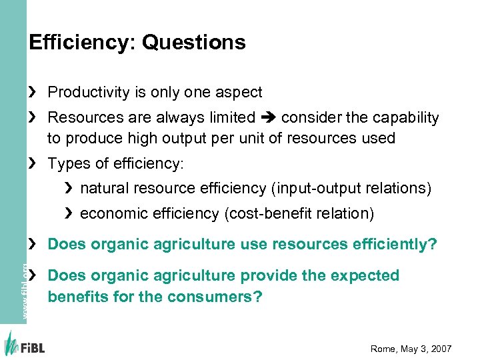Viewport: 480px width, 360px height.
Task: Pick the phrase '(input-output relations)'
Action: pos(351,189)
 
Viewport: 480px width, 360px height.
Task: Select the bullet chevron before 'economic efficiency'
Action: pos(69,214)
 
